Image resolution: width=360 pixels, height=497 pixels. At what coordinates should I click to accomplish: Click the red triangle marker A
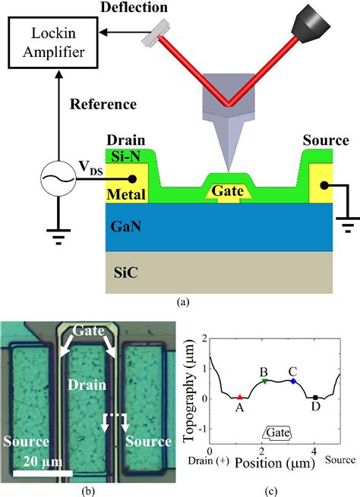point(240,397)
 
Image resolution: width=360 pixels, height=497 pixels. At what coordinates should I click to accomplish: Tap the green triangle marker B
point(264,381)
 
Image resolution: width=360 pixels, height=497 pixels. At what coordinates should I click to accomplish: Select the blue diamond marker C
point(293,380)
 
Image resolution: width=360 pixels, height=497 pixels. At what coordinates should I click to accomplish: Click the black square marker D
point(315,397)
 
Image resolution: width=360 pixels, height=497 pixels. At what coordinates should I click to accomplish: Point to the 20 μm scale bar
point(43,473)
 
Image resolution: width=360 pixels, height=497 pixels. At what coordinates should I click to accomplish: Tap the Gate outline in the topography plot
point(277,432)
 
